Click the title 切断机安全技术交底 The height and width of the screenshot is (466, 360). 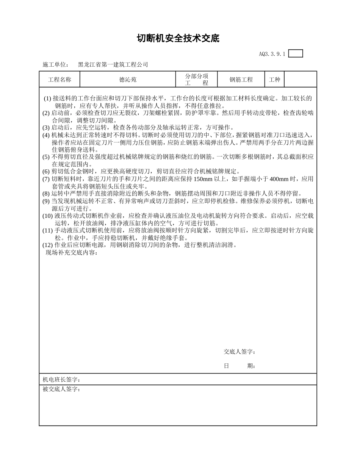pos(178,39)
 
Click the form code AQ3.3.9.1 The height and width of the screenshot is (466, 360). pos(272,54)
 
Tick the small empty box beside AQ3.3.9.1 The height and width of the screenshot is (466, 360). pos(296,54)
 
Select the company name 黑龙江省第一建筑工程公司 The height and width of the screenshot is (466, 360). pos(113,65)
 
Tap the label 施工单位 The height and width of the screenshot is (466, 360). pos(55,65)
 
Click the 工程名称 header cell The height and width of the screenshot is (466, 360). pos(59,80)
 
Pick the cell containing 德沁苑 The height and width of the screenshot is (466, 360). pos(128,80)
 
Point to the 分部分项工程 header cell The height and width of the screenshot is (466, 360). pos(197,80)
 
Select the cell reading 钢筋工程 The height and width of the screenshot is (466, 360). pos(241,80)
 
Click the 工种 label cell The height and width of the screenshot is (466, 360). pos(274,80)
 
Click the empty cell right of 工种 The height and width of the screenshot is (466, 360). pos(300,80)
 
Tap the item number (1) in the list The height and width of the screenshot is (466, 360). pos(47,99)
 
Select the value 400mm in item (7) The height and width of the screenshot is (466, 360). pos(279,179)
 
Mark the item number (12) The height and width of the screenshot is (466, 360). pos(47,245)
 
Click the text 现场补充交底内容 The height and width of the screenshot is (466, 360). pos(72,253)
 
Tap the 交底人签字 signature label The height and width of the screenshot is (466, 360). pos(239,352)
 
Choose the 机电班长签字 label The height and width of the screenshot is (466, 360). pos(61,380)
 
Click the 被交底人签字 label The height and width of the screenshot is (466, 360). pos(61,389)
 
